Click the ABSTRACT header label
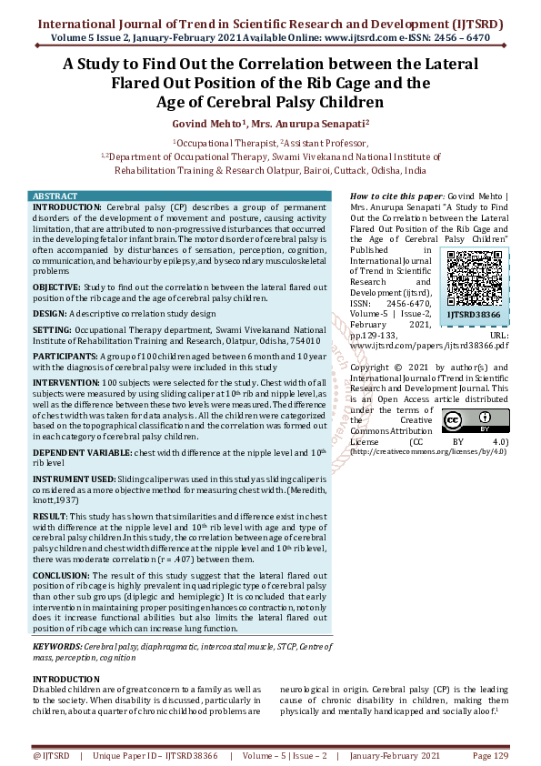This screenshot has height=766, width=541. tap(55, 197)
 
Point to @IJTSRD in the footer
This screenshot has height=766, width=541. tap(51, 756)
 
